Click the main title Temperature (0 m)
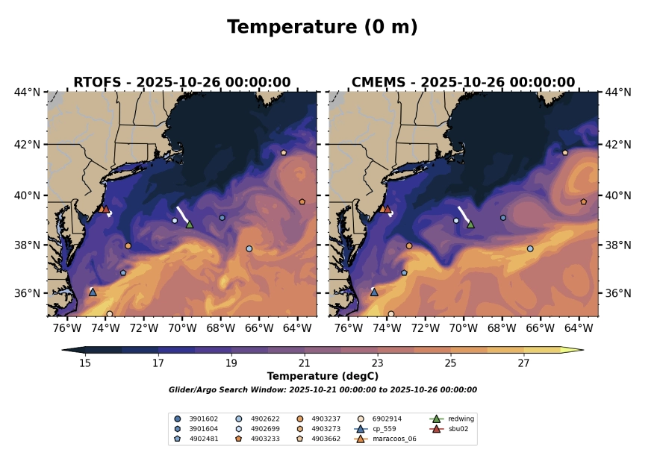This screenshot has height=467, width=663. coord(322,28)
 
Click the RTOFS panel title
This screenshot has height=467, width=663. coord(181,83)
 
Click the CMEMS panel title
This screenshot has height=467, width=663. coord(463,83)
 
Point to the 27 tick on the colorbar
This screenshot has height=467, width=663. coord(523,363)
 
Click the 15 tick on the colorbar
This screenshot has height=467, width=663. coord(85,363)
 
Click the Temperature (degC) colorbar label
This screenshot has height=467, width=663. coord(323,377)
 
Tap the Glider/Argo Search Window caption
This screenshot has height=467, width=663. coord(323,389)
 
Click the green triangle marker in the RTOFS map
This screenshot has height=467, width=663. coord(190,224)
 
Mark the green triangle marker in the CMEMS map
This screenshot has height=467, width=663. coord(471,224)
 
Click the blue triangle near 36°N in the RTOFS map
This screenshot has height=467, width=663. coord(93,292)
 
